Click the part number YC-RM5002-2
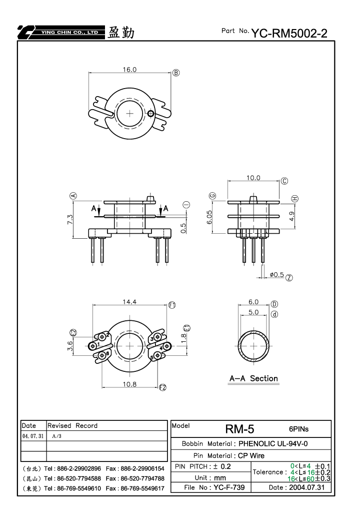289,33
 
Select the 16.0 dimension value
129,70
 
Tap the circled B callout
176,73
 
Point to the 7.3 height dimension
70,219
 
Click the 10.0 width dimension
253,178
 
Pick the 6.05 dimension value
209,217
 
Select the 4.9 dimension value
291,216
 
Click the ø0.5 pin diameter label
277,275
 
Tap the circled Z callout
289,278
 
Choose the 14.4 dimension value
129,302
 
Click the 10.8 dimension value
129,384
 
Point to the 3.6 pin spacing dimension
70,346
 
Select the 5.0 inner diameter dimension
253,312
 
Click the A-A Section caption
254,378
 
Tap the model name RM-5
240,429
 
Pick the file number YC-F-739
229,487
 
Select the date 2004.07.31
306,487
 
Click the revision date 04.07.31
33,436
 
